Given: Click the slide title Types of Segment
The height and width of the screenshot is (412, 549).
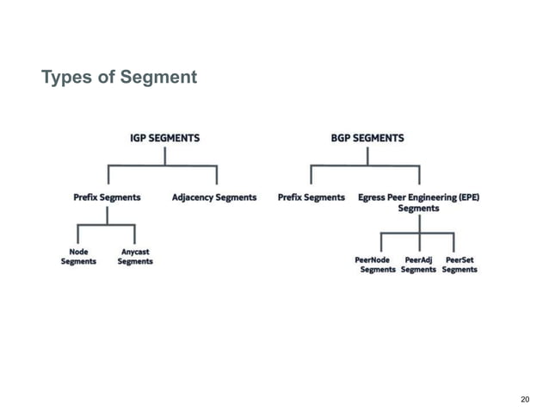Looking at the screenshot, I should pos(120,78).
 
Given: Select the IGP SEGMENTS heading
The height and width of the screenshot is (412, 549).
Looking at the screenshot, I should pos(164,138).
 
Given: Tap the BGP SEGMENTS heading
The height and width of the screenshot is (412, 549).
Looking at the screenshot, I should pos(367,138).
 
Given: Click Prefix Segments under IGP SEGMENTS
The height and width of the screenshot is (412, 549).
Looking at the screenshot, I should pos(107,197).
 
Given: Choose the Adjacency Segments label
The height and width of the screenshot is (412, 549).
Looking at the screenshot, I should pos(214,197).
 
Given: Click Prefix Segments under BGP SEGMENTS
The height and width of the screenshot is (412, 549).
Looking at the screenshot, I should pos(312,197).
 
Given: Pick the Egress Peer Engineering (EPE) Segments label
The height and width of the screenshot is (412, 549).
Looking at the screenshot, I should pos(418,203).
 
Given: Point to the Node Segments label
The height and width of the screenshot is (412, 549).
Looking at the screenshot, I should pos(78,257).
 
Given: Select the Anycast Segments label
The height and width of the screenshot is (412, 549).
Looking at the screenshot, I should pos(134,257).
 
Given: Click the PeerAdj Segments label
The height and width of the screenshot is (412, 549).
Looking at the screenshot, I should pos(418,264).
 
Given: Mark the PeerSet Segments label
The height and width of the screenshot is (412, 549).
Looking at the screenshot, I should pos(459,264).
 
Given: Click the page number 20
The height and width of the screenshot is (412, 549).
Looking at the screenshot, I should pos(527,399).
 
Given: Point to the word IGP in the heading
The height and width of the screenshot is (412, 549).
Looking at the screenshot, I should pos(139,138).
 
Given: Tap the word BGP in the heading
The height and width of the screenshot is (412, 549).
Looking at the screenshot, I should pos(342,138).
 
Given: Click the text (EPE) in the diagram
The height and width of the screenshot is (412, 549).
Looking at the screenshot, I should pos(468,197).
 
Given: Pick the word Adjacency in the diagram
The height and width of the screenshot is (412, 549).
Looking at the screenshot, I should pos(193,197).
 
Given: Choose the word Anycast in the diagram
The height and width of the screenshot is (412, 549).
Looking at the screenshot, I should pos(135,252).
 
